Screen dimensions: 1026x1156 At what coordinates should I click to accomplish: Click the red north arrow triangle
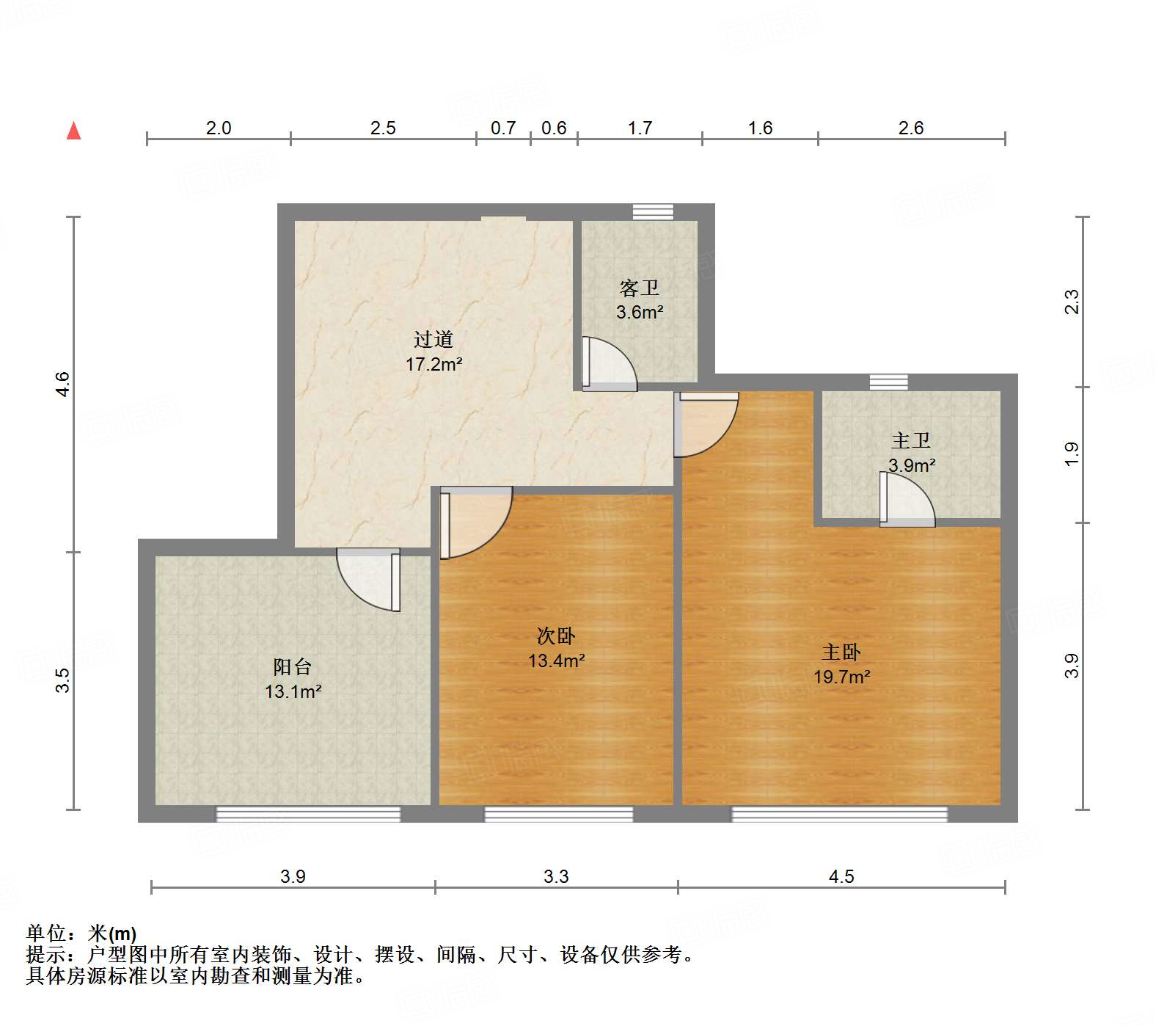click(x=73, y=131)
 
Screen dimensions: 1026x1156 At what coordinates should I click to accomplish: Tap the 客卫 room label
click(x=639, y=288)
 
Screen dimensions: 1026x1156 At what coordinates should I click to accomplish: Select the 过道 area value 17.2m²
click(x=433, y=364)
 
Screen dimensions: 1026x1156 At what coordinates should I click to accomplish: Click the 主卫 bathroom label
click(x=911, y=440)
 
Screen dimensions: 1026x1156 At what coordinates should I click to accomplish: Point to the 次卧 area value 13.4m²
click(x=556, y=661)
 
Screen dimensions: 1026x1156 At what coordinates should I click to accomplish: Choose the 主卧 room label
click(x=841, y=652)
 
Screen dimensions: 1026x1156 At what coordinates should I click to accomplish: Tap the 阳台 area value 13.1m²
click(x=293, y=691)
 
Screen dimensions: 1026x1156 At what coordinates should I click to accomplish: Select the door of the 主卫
click(x=907, y=501)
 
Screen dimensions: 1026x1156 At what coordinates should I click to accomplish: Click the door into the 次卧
click(x=473, y=523)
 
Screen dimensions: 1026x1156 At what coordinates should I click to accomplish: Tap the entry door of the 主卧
click(x=706, y=424)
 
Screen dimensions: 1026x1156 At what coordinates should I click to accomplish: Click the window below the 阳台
click(x=308, y=813)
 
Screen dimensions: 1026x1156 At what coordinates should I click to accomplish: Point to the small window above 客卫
click(x=653, y=211)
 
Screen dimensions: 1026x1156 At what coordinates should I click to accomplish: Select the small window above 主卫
click(x=888, y=382)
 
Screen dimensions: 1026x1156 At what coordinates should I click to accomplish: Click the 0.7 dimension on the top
click(x=503, y=128)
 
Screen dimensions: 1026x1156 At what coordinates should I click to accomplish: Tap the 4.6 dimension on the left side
click(x=63, y=384)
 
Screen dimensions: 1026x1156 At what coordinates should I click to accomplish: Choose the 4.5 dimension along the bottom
click(x=841, y=876)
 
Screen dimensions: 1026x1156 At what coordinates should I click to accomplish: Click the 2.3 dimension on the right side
click(x=1072, y=302)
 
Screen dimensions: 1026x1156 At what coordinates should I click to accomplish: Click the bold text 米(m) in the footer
click(x=112, y=933)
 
